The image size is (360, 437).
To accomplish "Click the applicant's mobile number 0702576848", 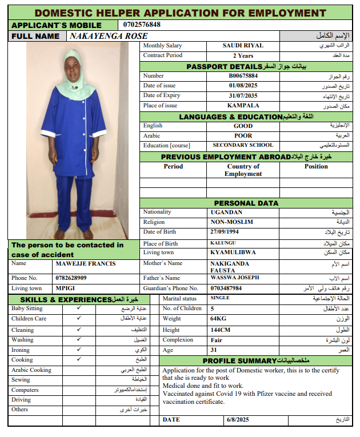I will coord(142,25).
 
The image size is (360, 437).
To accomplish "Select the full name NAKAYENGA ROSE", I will coord(108,36).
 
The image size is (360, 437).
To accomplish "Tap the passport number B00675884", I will coord(243,75).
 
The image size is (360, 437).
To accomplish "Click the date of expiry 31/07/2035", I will coord(243,95).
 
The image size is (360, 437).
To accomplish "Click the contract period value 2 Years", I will coord(243,55).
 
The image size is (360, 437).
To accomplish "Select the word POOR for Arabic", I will coord(243,135).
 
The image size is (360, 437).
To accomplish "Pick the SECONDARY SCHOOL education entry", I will coord(243,145).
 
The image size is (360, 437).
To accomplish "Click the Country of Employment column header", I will coord(243,170).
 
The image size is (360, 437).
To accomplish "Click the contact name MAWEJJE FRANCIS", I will coord(86,263).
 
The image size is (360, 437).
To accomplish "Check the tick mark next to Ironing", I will coord(79,350).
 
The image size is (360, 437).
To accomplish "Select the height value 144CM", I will coord(221,330).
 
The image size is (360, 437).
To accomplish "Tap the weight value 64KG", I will coord(219,319).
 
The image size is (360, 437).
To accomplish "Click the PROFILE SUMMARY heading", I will coord(240,360).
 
